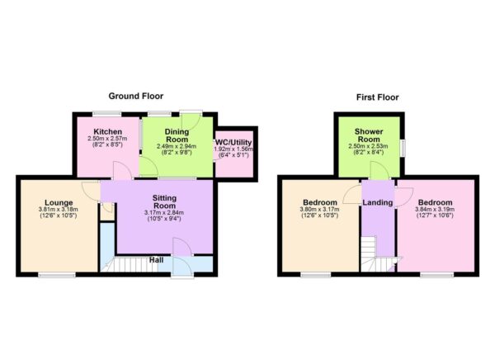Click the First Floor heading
tap(377, 97)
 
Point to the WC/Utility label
tap(234, 143)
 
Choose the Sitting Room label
tap(164, 203)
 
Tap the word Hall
tap(155, 260)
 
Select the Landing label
tap(378, 203)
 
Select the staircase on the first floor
tap(378, 254)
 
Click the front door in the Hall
tap(181, 248)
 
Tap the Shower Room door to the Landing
tap(378, 170)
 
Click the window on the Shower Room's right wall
tap(403, 146)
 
